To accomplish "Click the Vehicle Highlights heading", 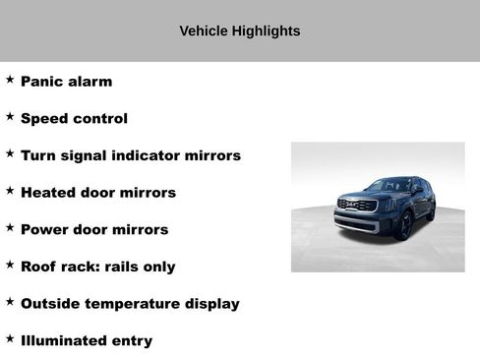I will coord(240,30).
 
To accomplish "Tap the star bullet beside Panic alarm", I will coord(10,80).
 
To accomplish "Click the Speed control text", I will coord(74,119).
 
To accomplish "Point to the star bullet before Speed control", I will coord(10,116).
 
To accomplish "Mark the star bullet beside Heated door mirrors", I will coord(10,190).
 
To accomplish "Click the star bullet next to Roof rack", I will coord(10,264).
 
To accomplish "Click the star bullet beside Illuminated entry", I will coord(10,337).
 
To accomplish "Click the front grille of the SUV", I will coord(356,206).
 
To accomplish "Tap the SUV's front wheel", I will coord(403,225).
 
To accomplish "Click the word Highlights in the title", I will coord(265,30).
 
